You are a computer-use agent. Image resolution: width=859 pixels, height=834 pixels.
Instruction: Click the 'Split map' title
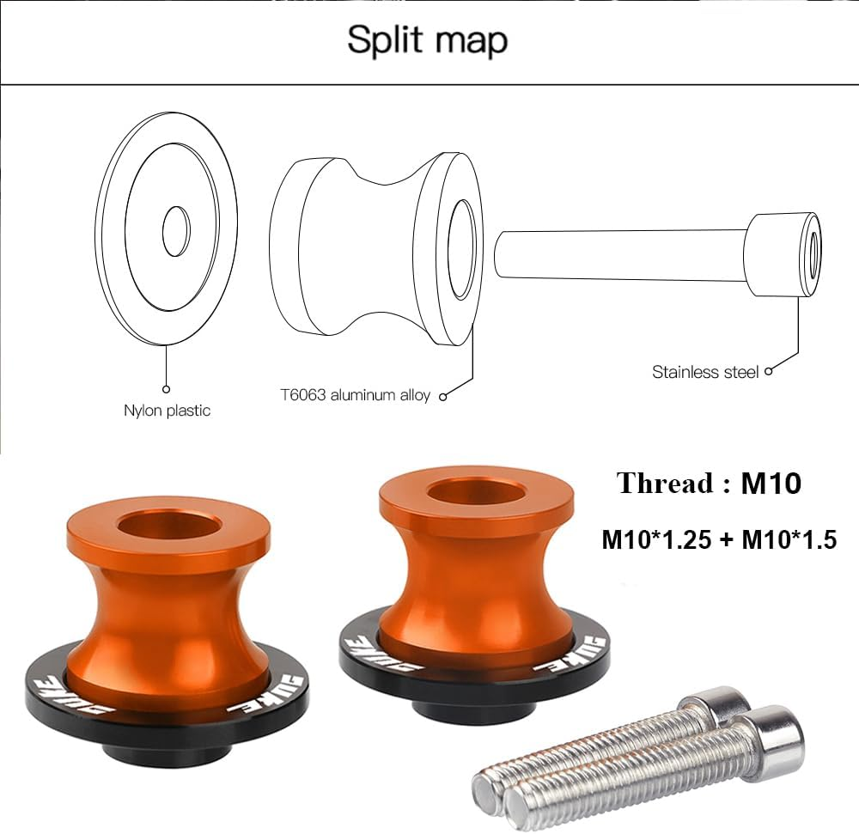tap(427, 40)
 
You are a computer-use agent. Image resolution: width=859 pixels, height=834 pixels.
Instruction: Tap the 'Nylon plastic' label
tap(167, 411)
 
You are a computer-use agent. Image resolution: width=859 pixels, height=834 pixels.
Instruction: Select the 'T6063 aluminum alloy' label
tap(355, 395)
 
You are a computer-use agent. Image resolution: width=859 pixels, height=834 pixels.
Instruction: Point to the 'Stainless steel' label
tap(705, 372)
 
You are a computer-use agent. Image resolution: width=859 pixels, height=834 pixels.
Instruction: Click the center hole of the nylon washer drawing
tap(176, 231)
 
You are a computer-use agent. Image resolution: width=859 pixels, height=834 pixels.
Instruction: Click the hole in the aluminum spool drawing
tap(462, 249)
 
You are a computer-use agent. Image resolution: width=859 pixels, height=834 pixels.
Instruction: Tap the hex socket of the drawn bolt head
tap(811, 253)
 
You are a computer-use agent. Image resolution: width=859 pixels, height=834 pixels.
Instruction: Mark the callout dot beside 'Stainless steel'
tap(769, 371)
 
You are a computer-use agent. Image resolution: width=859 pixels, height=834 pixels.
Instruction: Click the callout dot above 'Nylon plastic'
tap(167, 389)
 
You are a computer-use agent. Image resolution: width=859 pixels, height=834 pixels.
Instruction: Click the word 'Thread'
tap(664, 484)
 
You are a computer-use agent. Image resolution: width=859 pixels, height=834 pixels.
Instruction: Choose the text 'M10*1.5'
tap(789, 539)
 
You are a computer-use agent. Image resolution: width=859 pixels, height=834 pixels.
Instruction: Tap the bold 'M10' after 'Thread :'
tap(771, 484)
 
